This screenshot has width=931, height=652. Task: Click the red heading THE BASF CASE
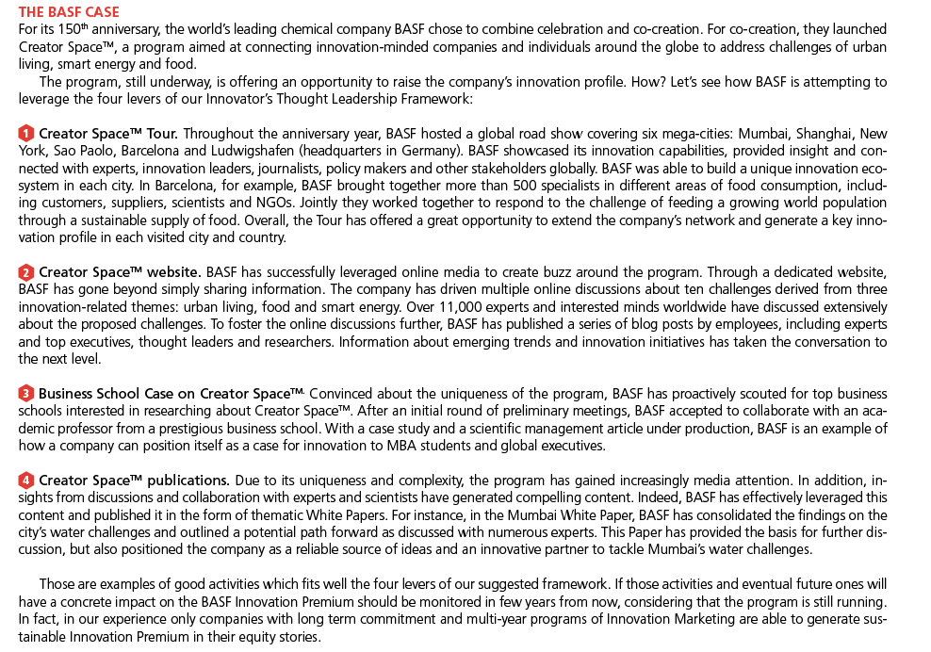[69, 11]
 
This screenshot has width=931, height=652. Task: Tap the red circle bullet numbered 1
[26, 133]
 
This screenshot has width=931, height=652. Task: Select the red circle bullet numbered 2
[26, 272]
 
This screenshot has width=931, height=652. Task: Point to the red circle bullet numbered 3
[26, 393]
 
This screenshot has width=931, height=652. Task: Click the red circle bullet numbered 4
[26, 481]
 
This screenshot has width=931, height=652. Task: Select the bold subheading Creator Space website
[120, 272]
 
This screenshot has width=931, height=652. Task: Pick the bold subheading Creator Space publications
[134, 481]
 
